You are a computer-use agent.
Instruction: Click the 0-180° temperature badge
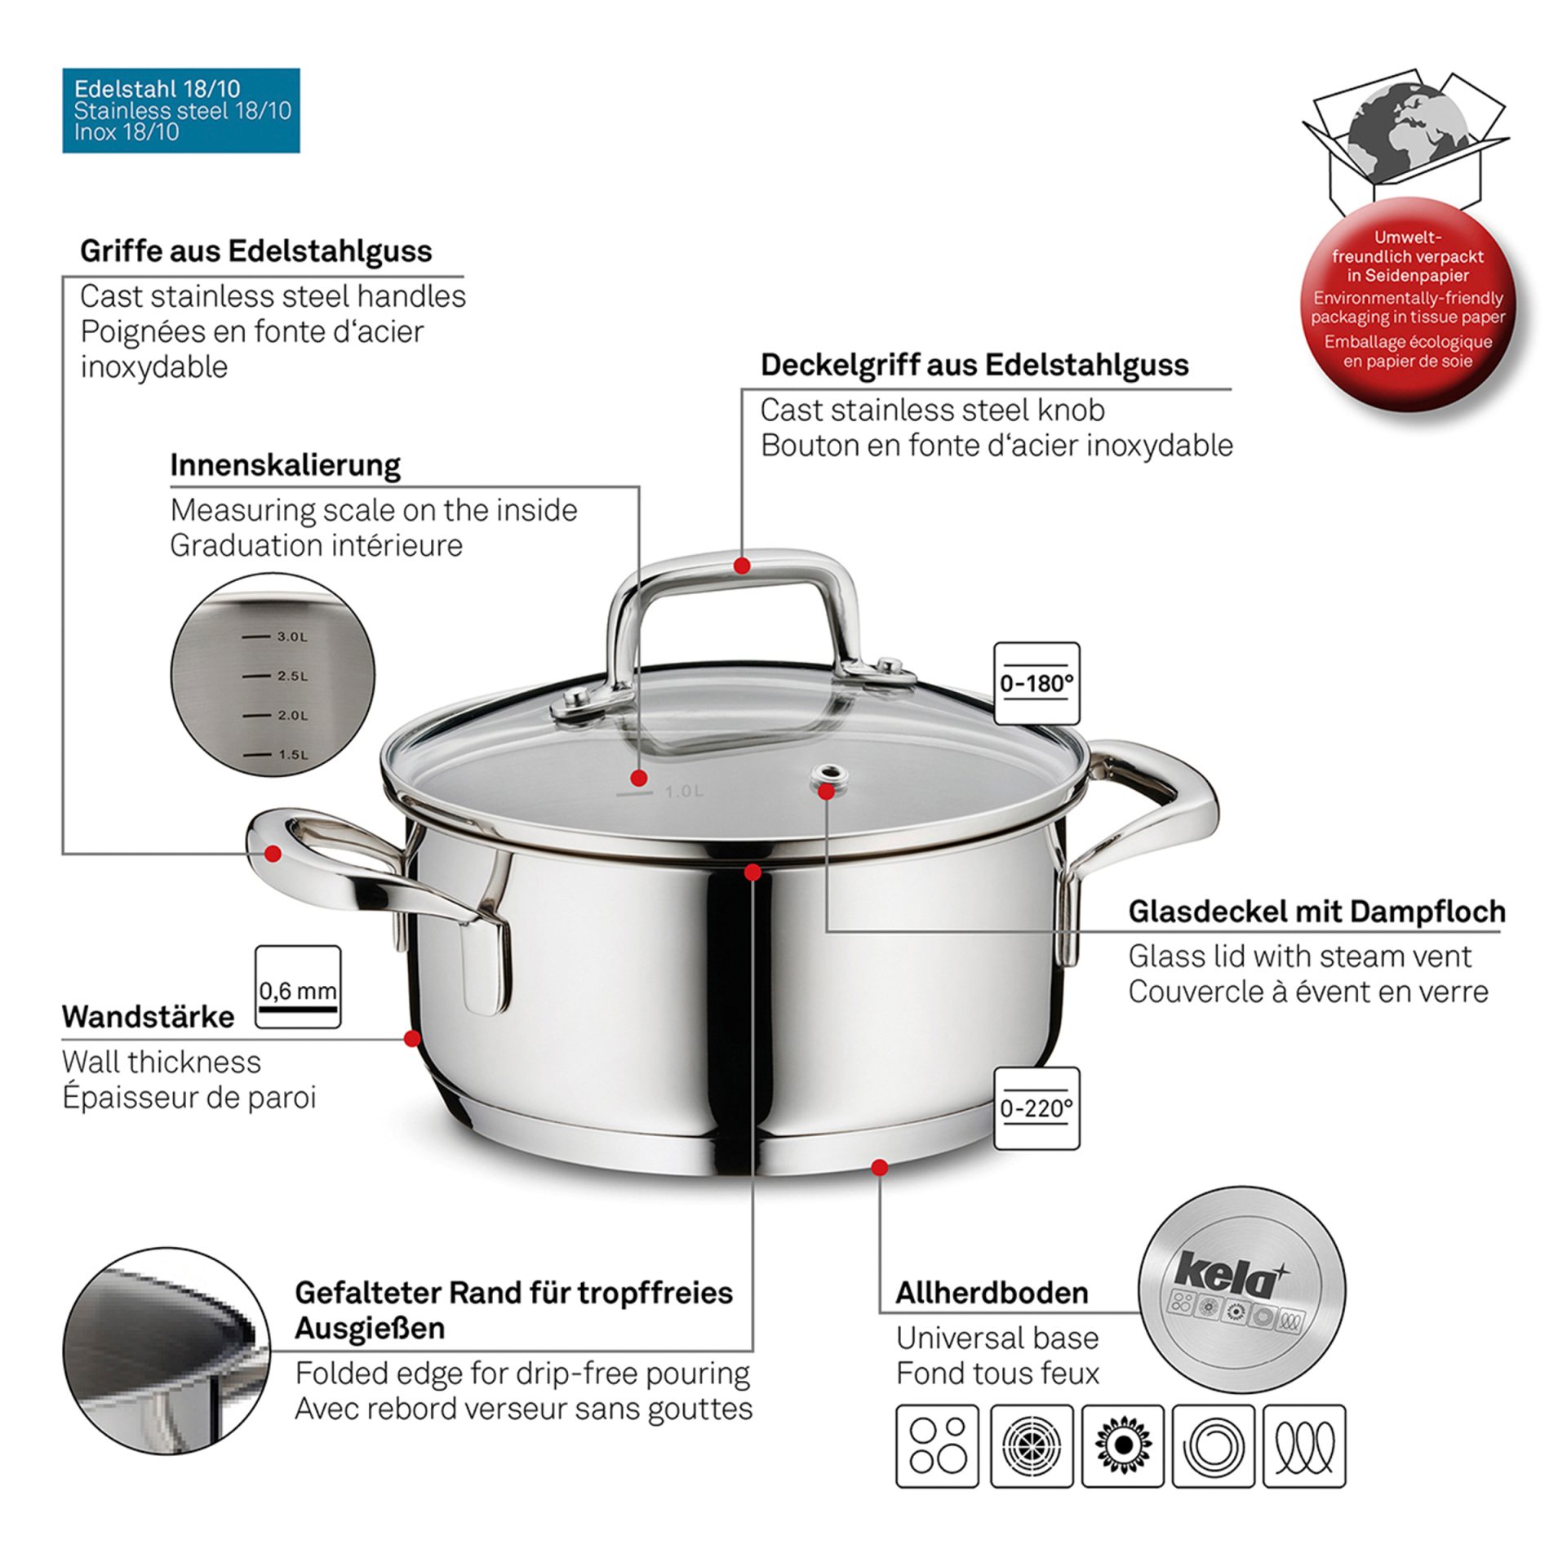(1036, 683)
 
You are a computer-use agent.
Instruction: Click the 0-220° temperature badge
(1036, 1108)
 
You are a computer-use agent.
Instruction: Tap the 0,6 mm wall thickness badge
(297, 987)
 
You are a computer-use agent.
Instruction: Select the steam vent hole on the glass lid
(828, 775)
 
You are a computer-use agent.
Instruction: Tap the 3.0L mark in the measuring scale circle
(277, 637)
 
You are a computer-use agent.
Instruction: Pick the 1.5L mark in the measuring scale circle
(277, 755)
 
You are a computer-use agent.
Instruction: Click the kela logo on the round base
(1227, 1274)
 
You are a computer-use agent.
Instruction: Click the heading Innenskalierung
(285, 465)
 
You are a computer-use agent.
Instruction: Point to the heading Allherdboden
(992, 1293)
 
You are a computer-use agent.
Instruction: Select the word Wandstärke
(148, 1017)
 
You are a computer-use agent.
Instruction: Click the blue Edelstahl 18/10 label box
(181, 110)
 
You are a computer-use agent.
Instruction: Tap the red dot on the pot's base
(879, 1168)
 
